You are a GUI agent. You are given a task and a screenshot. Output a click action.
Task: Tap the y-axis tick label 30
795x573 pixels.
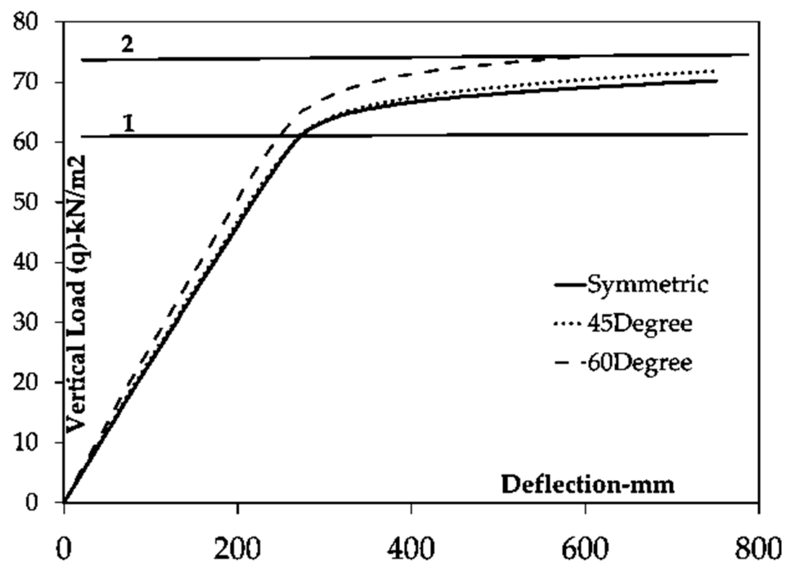point(25,322)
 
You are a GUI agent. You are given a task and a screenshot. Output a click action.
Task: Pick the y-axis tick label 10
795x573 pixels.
point(25,442)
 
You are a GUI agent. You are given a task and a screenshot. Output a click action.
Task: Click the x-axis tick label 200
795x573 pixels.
point(237,549)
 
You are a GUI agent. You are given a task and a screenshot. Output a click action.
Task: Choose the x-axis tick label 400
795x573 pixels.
point(411,549)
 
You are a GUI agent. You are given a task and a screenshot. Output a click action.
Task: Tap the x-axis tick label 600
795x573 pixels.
point(585,549)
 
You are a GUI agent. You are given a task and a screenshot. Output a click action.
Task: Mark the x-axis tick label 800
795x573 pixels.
point(758,549)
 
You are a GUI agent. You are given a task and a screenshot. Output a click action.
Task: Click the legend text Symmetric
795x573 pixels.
point(647,284)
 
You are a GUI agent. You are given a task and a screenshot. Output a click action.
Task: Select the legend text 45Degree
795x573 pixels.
point(640,324)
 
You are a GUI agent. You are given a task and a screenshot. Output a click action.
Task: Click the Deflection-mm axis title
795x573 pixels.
point(588,485)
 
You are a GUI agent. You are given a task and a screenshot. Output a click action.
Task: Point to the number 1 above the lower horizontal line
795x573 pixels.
point(129,123)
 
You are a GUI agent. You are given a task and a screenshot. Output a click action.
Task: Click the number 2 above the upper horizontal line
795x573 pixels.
point(127,44)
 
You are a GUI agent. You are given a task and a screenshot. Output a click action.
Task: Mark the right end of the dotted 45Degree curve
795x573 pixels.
point(714,71)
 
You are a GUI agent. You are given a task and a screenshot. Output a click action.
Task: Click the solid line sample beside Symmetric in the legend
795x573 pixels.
point(570,285)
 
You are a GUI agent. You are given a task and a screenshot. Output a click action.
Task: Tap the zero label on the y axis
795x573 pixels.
point(31,502)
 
